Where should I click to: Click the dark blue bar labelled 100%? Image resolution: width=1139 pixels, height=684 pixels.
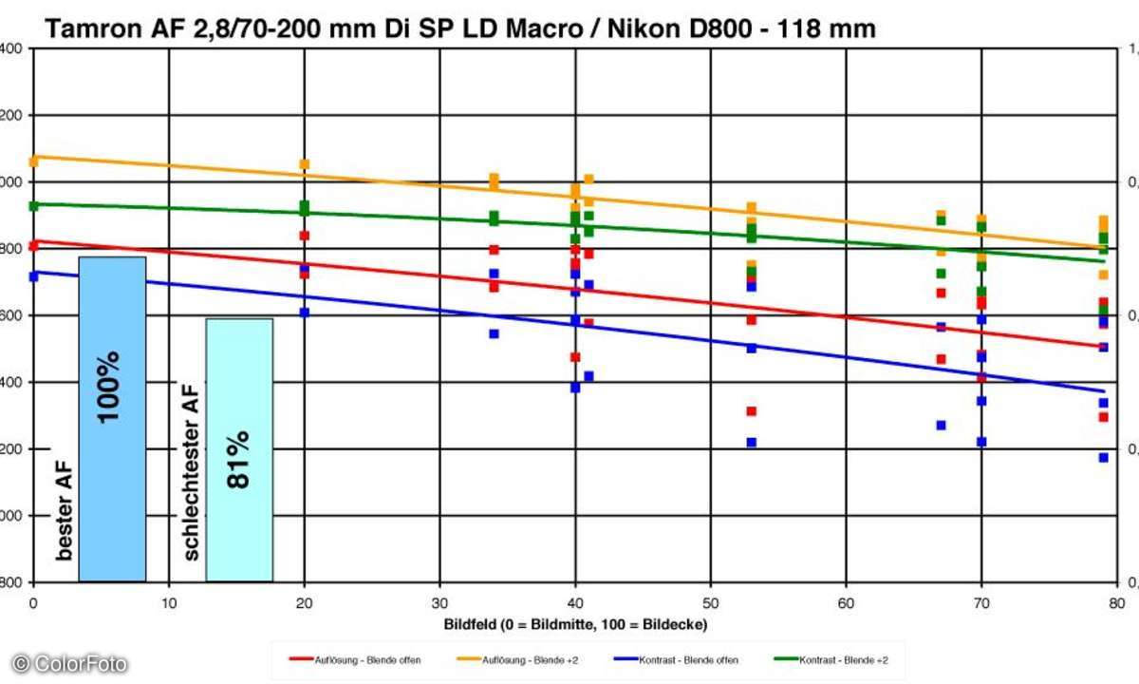point(112,418)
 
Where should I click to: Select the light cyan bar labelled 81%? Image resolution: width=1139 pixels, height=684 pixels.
point(239,449)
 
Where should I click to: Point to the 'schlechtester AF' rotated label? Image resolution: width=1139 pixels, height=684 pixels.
point(191,471)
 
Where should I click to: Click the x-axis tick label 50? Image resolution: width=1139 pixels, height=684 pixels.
point(711,601)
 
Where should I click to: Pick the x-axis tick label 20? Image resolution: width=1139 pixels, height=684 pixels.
point(304,601)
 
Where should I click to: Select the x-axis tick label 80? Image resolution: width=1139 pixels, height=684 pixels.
point(1117,601)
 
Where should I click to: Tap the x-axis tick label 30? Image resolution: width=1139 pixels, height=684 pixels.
point(439,601)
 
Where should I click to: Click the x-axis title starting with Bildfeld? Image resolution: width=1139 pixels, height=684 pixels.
point(575,623)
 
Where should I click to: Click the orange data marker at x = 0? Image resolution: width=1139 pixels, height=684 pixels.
point(34,161)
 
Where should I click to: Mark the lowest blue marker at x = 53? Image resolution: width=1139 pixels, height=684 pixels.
point(752,443)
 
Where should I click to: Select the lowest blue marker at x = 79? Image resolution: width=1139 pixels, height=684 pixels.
point(1104,458)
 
